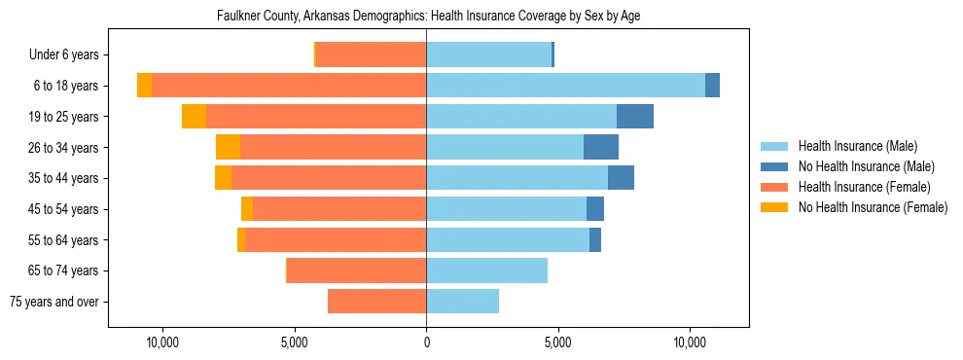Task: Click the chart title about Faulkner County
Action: (427, 17)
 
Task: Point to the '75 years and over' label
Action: (54, 302)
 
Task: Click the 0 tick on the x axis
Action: (426, 343)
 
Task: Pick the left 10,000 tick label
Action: (161, 343)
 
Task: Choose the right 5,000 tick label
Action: (557, 343)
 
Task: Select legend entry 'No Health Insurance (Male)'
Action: (866, 166)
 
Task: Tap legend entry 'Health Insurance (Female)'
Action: (864, 187)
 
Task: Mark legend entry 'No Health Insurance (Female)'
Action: (873, 207)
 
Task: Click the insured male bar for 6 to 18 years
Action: (565, 86)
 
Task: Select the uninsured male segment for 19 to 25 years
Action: (635, 117)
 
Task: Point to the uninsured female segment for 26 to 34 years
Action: (228, 147)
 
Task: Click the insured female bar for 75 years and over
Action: (376, 302)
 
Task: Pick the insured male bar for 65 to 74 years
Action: (486, 270)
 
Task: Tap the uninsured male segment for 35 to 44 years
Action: (621, 178)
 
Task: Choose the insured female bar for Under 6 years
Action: (371, 55)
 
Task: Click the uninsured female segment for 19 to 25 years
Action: (194, 117)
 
